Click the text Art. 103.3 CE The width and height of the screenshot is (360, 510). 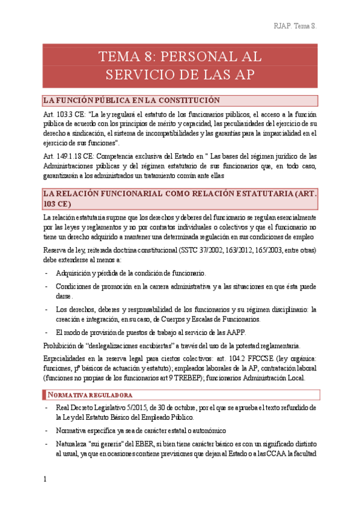coord(64,114)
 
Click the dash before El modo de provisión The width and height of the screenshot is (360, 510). coord(47,333)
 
